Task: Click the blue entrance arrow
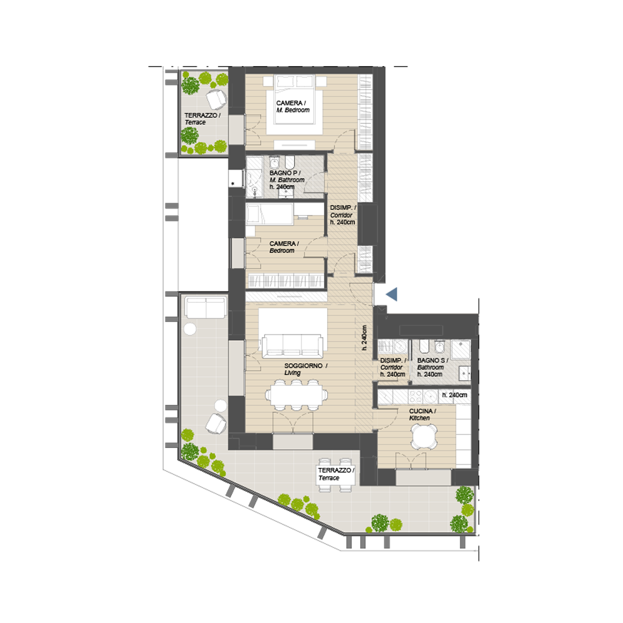point(392,295)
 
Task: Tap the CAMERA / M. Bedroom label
point(293,107)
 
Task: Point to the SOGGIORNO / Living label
point(305,369)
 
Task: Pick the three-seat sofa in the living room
point(292,346)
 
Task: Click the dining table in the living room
point(297,395)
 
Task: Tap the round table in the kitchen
point(424,436)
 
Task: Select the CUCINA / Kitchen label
point(422,414)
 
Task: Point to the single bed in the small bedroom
point(270,214)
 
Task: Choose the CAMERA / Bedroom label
point(283,247)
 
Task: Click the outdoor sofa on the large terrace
point(206,307)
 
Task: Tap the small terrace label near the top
point(202,118)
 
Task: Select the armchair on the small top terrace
point(216,99)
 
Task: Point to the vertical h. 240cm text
point(364,338)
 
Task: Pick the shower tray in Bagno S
point(461,350)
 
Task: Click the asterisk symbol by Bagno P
point(233,184)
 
